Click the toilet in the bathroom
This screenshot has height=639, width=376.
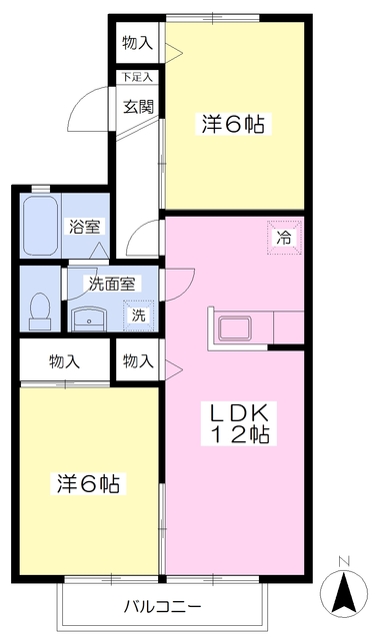40,311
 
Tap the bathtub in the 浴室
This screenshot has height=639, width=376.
40,226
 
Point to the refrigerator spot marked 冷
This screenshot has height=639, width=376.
284,238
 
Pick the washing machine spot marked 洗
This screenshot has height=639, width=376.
139,316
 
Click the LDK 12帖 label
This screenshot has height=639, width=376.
239,423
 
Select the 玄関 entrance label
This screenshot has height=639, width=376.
138,107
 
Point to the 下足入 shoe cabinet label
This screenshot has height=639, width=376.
137,77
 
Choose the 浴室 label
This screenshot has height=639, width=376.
84,227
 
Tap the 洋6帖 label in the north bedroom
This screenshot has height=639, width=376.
233,124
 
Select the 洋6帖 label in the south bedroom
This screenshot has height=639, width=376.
88,483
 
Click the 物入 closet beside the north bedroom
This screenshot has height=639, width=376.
138,43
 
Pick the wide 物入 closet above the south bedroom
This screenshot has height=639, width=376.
65,361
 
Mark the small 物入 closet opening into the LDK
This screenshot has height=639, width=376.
138,361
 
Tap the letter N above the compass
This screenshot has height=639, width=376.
345,561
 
